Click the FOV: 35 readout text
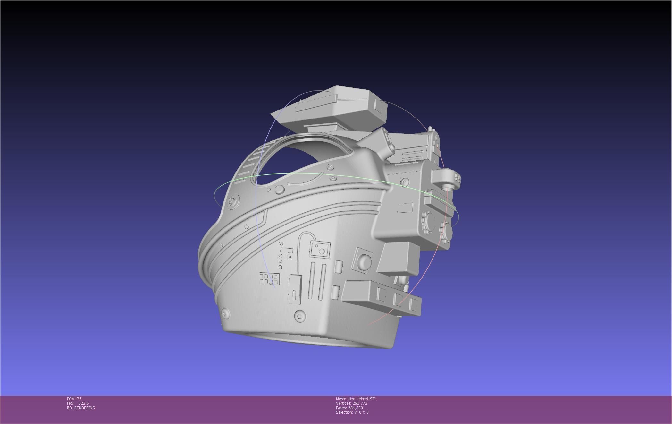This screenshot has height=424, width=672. pos(74,399)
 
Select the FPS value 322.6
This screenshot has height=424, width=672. pos(83,403)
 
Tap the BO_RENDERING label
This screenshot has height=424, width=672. pos(81,408)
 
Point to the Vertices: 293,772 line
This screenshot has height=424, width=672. pos(351,403)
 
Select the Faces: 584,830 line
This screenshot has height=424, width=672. pos(349,408)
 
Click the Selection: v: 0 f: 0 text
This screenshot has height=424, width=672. pos(352,412)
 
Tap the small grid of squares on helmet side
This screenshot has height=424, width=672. pos(269,279)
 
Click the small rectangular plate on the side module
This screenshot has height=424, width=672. pos(405,208)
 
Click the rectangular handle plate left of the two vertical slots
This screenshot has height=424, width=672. pos(295,289)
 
